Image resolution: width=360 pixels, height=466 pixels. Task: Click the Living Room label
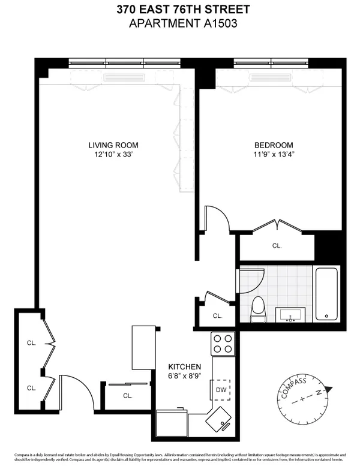[x=113, y=145]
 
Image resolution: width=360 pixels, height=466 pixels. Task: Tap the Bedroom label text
[x=274, y=145]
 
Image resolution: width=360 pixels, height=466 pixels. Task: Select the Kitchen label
[x=184, y=367]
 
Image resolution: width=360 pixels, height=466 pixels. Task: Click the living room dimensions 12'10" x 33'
[x=113, y=155]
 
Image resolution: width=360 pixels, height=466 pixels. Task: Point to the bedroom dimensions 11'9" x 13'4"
[x=274, y=155]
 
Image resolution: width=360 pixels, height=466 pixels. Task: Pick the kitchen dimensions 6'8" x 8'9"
[x=184, y=377]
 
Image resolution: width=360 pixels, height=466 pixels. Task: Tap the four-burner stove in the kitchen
[x=223, y=344]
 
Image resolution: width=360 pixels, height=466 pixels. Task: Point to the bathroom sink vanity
[x=292, y=314]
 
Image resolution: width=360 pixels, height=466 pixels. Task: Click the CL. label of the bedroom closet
[x=277, y=246]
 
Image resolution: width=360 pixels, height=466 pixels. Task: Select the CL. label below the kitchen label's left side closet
[x=127, y=395]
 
